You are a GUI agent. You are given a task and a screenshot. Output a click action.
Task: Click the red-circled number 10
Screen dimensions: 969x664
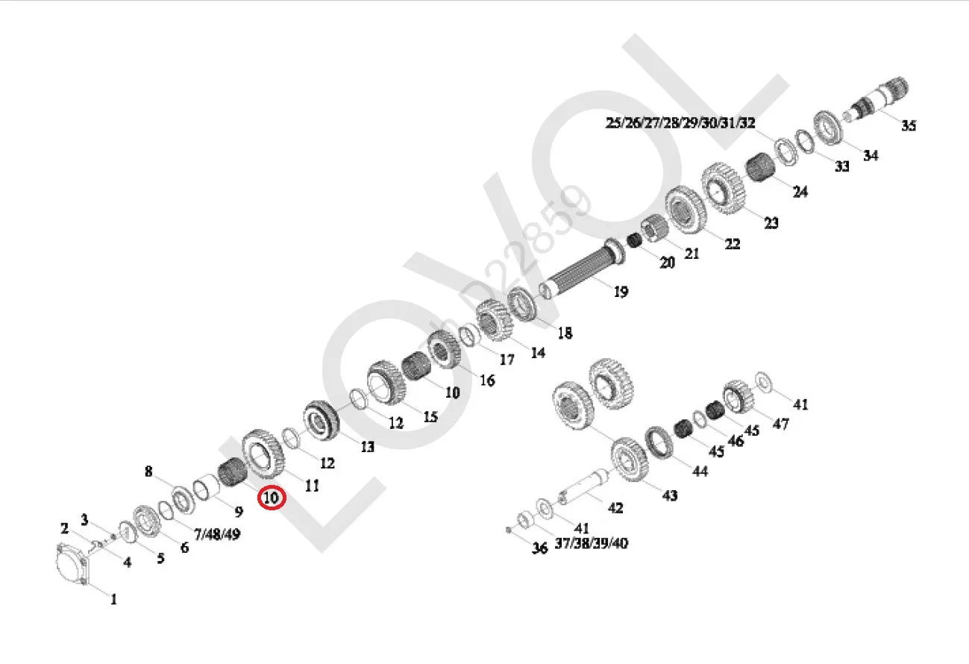pos(272,497)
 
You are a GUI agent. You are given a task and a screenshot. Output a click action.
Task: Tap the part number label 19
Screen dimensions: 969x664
pos(621,291)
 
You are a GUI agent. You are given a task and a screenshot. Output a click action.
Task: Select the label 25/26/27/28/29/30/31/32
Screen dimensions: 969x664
pos(680,123)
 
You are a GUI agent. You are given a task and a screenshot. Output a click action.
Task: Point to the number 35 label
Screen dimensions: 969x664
pos(908,125)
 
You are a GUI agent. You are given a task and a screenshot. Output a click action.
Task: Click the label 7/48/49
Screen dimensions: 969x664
pos(217,535)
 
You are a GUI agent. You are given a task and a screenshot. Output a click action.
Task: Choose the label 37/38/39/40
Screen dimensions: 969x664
pos(591,543)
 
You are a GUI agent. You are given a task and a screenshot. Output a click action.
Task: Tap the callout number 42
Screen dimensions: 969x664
pos(615,508)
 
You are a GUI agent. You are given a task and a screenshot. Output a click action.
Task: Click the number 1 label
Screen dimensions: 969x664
pos(113,598)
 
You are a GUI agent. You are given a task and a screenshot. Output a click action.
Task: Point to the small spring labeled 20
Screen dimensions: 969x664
pos(634,241)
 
